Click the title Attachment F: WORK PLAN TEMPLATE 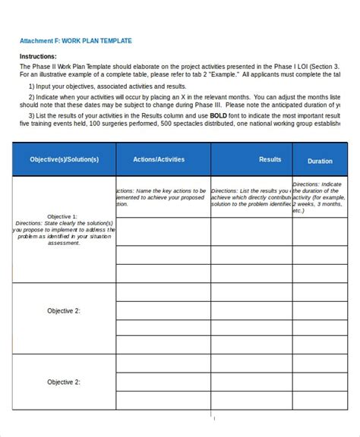click(75, 41)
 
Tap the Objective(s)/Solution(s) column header click(64, 160)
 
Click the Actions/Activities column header click(159, 160)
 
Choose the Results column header click(270, 160)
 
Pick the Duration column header click(320, 161)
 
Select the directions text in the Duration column click(318, 198)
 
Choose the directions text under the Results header click(251, 197)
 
